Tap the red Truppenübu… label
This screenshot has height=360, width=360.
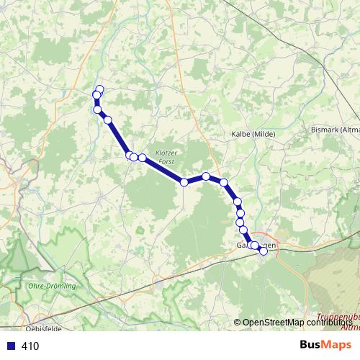pyautogui.click(x=338, y=318)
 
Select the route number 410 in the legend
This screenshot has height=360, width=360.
pyautogui.click(x=30, y=346)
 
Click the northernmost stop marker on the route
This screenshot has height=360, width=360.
pyautogui.click(x=99, y=90)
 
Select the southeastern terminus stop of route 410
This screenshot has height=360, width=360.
pyautogui.click(x=264, y=251)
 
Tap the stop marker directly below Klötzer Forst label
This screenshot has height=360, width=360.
pyautogui.click(x=184, y=183)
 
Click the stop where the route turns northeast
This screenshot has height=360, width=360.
pyautogui.click(x=184, y=183)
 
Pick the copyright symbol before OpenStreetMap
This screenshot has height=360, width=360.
pyautogui.click(x=237, y=323)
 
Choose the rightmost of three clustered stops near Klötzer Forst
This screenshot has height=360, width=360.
pyautogui.click(x=143, y=158)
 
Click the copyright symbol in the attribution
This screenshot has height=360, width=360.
pyautogui.click(x=237, y=323)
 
